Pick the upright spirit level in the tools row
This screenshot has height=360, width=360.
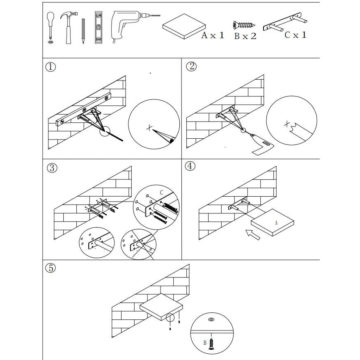[x=98, y=27]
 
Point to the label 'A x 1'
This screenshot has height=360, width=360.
[x=213, y=35]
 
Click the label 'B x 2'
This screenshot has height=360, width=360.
[x=245, y=36]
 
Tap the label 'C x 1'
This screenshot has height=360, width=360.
[x=296, y=35]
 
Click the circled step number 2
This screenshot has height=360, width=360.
[x=191, y=66]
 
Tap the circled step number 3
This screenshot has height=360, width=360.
[x=51, y=168]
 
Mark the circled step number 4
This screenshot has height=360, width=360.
[x=190, y=166]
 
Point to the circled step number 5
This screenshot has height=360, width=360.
[x=50, y=268]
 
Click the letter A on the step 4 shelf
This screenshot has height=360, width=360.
[x=276, y=222]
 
